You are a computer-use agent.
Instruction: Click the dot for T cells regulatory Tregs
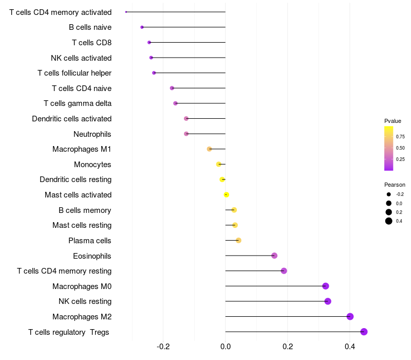pyautogui.click(x=364, y=332)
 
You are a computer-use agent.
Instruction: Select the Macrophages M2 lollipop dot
pyautogui.click(x=350, y=316)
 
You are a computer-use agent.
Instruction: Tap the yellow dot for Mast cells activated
pyautogui.click(x=226, y=194)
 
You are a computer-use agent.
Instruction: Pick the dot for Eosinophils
pyautogui.click(x=274, y=256)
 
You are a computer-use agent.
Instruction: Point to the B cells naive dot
pyautogui.click(x=142, y=27)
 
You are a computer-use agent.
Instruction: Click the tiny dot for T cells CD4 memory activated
pyautogui.click(x=126, y=12)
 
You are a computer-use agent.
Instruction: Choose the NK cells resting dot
pyautogui.click(x=328, y=301)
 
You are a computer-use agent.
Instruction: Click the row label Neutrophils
pyautogui.click(x=92, y=134)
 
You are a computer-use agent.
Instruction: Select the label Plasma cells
pyautogui.click(x=90, y=241)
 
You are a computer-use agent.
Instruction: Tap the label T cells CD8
pyautogui.click(x=92, y=43)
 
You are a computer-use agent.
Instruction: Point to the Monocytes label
pyautogui.click(x=92, y=165)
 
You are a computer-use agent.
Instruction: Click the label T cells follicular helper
pyautogui.click(x=74, y=73)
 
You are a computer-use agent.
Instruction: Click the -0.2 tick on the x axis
pyautogui.click(x=163, y=347)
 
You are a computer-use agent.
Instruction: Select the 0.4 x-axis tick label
pyautogui.click(x=350, y=347)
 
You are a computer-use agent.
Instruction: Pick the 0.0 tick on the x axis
pyautogui.click(x=226, y=347)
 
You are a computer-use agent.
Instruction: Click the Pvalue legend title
pyautogui.click(x=393, y=121)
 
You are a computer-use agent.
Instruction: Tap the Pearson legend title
pyautogui.click(x=395, y=185)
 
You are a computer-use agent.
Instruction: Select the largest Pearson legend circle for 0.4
pyautogui.click(x=389, y=221)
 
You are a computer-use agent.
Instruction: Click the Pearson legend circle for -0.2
pyautogui.click(x=389, y=194)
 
